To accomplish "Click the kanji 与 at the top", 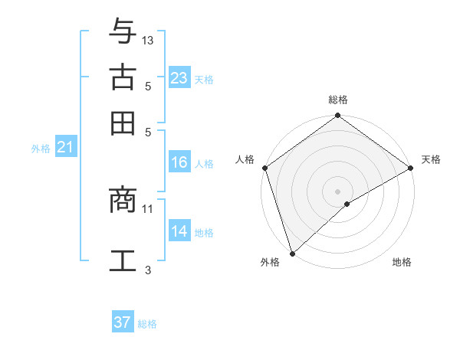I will click(123, 32).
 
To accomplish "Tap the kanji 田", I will click(123, 123).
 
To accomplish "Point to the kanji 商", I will click(123, 201).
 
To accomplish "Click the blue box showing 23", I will click(179, 78).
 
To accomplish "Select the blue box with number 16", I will click(179, 162).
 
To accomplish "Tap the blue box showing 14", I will click(179, 231).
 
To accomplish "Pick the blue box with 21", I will click(65, 148).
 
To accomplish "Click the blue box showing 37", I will click(123, 322).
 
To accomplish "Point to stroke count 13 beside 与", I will click(148, 40).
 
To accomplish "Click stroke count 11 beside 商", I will click(148, 208).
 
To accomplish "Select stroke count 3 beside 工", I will click(148, 270).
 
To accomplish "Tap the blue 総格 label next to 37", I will click(147, 324).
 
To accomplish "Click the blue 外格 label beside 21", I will click(41, 149).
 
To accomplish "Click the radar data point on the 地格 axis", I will click(347, 204).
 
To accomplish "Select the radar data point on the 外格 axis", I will click(292, 253).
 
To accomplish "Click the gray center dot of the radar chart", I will click(337, 191).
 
